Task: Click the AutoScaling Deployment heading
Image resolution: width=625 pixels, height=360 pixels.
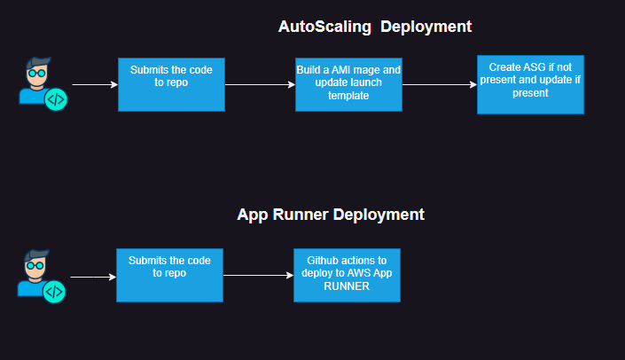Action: pos(375,27)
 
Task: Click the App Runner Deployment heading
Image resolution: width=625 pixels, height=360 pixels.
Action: pos(331,215)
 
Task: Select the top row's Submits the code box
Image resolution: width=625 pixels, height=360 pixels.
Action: pos(171,84)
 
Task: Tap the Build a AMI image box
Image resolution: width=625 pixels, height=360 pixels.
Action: pos(348,85)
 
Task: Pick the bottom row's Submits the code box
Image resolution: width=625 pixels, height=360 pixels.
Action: pos(169,274)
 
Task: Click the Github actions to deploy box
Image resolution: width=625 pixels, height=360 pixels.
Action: pos(347,274)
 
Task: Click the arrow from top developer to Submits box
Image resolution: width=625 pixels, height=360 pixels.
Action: pos(94,85)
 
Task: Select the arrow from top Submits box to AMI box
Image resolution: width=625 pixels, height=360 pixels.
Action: pos(260,85)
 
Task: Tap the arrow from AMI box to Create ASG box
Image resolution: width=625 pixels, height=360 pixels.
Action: pos(439,85)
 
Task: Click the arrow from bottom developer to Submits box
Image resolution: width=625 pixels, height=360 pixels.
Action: pos(92,277)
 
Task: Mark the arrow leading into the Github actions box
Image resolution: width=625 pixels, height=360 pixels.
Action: pos(258,275)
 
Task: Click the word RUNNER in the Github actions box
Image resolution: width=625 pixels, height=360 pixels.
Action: pos(347,286)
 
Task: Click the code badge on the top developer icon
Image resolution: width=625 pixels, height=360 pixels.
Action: pos(56,99)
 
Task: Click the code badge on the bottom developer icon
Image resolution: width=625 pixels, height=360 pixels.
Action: pos(55,290)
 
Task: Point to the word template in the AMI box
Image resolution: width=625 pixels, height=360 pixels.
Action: pos(348,96)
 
